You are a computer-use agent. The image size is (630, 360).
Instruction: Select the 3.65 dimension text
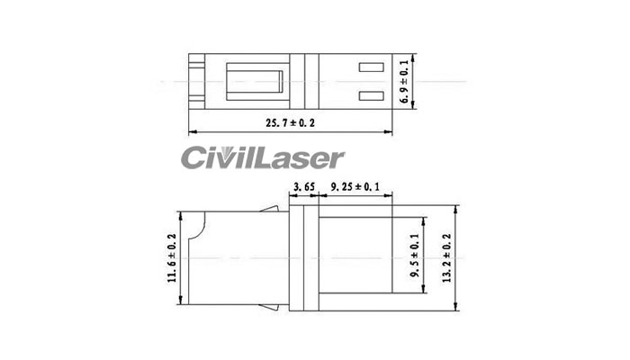(301, 187)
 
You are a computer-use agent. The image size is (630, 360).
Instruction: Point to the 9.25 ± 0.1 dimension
(355, 187)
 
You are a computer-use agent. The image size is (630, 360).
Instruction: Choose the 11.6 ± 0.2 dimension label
(172, 257)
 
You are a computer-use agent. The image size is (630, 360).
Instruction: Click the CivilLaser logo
(261, 159)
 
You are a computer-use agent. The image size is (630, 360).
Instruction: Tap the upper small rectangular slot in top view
(371, 67)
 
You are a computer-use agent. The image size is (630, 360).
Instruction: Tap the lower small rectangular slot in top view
(371, 96)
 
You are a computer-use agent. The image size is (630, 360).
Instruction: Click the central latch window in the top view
(259, 82)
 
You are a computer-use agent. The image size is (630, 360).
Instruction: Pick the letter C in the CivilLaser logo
(193, 159)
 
